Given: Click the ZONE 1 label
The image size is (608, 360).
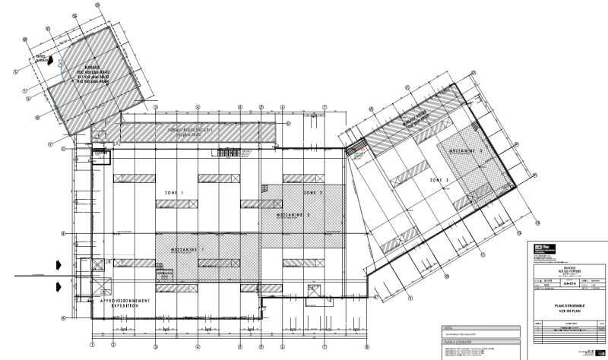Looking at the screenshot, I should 174,194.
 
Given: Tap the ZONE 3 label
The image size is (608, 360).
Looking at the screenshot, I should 439,180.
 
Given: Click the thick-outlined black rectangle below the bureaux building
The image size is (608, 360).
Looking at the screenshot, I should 100,157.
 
